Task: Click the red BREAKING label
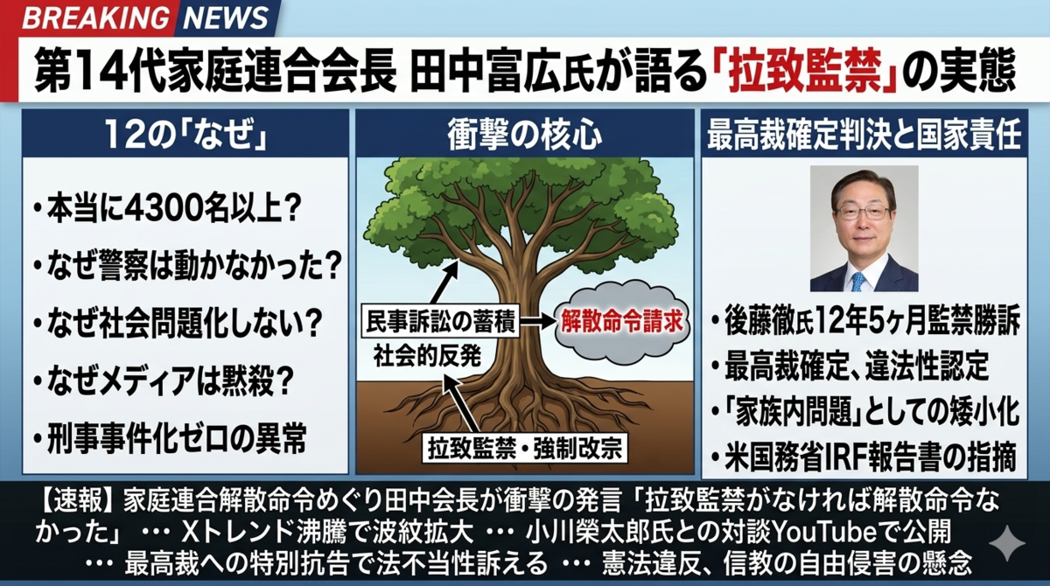[95, 17]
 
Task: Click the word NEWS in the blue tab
[226, 17]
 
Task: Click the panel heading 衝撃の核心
[524, 135]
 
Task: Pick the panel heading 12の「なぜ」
[185, 135]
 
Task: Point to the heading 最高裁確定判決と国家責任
[864, 135]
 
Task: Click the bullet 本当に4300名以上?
[167, 208]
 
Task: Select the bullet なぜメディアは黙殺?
[163, 380]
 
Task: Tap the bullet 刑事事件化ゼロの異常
[170, 438]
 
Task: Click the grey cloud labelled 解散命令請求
[621, 322]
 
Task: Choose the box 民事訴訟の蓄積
[440, 321]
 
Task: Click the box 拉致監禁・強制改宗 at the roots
[524, 449]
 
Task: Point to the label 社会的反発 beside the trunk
[427, 357]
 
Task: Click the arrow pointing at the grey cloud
[537, 321]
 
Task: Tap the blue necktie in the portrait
[858, 281]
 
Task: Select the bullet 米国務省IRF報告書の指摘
[864, 457]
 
